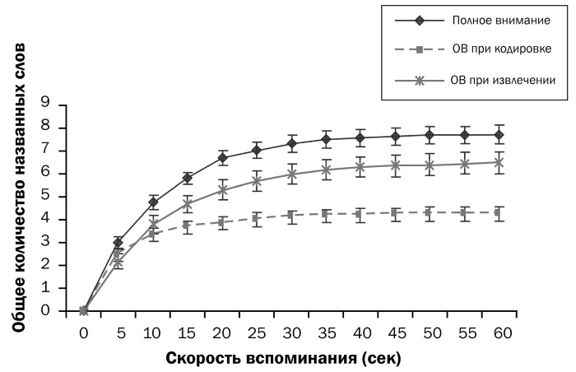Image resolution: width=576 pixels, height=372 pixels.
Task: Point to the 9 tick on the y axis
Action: [x=57, y=104]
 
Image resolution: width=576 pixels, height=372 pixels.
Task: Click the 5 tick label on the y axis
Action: [x=57, y=196]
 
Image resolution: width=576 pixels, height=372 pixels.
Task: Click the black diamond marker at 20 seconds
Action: [x=222, y=157]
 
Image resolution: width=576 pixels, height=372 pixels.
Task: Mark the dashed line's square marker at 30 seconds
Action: [x=291, y=215]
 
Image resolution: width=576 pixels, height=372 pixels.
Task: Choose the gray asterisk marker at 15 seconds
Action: [x=188, y=202]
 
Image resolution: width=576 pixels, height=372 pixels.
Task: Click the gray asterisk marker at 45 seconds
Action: [x=396, y=165]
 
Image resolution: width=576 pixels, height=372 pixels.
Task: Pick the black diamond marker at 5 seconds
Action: [x=118, y=243]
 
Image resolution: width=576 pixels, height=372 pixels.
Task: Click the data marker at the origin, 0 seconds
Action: [x=84, y=310]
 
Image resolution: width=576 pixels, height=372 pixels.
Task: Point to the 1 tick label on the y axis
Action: [x=57, y=288]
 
